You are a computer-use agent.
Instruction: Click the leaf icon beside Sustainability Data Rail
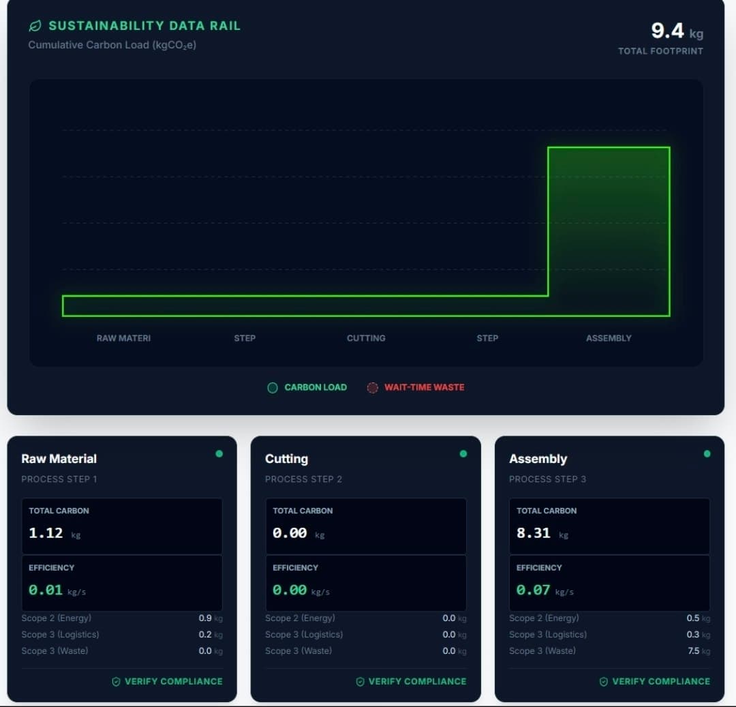[35, 26]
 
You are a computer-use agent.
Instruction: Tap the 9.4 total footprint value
[667, 31]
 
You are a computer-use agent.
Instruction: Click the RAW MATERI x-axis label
[123, 338]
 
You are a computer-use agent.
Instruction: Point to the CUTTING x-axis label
[366, 338]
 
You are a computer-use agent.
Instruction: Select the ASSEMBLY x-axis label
[609, 338]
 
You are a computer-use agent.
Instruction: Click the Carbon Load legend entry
[307, 387]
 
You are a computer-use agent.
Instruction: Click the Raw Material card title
[59, 459]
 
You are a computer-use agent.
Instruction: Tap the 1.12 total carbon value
[46, 533]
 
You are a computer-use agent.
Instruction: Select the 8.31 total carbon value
[534, 533]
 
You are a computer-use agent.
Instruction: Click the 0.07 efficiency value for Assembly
[534, 590]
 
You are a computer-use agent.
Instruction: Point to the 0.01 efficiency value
[46, 590]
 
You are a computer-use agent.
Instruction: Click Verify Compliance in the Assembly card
[654, 681]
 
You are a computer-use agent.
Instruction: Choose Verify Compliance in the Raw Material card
[167, 681]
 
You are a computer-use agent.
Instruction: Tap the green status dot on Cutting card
[463, 453]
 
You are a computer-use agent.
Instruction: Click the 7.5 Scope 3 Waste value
[693, 651]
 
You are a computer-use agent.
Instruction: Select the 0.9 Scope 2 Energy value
[205, 618]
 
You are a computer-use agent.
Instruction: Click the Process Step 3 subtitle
[547, 479]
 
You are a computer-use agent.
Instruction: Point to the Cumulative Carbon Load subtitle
[112, 45]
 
